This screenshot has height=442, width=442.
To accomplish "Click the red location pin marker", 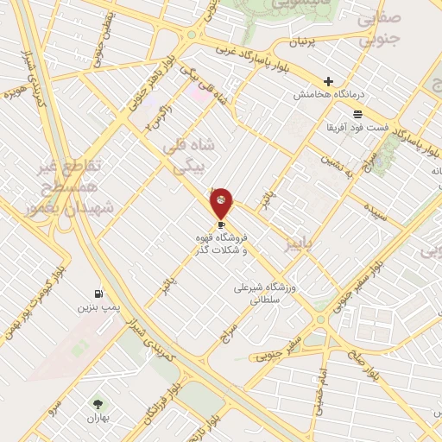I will click(222, 203).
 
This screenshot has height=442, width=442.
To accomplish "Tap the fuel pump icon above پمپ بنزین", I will click(98, 294).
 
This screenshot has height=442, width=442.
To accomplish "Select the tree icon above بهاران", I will click(97, 403).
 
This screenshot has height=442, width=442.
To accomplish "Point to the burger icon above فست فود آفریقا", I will click(358, 114).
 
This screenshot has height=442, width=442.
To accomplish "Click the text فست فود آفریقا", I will click(357, 128).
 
